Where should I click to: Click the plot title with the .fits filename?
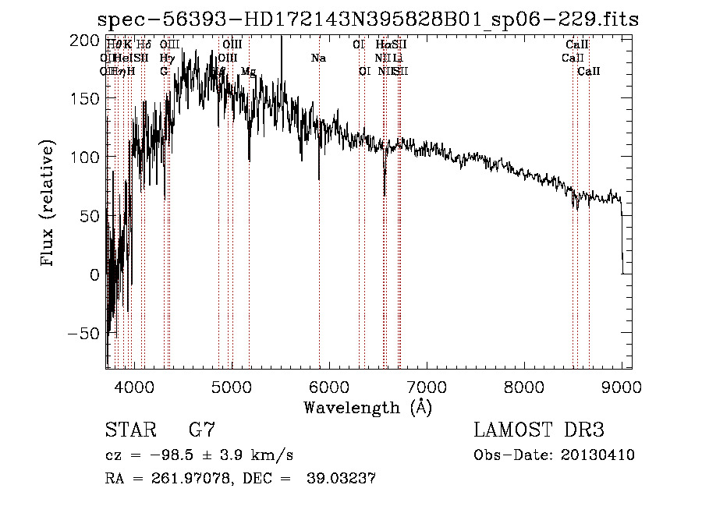367,19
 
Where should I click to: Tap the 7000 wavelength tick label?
427,386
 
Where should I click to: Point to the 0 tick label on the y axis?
95,274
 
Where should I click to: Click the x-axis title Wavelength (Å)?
367,407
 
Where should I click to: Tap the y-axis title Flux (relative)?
48,204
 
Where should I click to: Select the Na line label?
318,58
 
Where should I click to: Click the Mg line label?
248,72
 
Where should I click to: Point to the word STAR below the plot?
129,430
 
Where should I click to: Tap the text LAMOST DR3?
539,430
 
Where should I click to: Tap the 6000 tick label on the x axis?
329,386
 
